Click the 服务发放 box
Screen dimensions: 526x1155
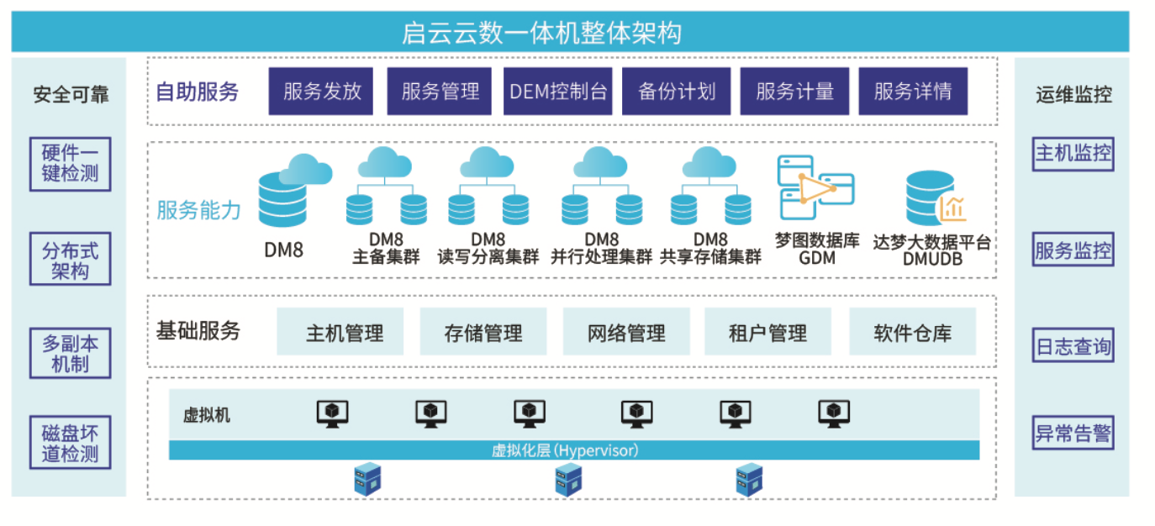322,91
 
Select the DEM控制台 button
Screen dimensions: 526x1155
558,91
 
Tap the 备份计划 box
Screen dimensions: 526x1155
677,91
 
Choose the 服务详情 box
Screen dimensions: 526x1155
912,91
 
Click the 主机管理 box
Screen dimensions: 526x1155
340,332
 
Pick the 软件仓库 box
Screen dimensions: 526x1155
912,332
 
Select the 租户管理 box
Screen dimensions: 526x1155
767,332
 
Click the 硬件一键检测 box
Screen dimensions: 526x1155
71,164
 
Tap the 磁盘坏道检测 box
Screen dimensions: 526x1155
71,444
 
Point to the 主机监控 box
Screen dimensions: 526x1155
1073,154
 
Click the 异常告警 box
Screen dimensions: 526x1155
1073,434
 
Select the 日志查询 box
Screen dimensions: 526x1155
1073,345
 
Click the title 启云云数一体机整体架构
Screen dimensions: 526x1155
542,34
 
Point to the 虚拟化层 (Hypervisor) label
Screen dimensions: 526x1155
565,450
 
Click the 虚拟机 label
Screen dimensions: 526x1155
206,415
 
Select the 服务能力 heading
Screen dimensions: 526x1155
198,210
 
